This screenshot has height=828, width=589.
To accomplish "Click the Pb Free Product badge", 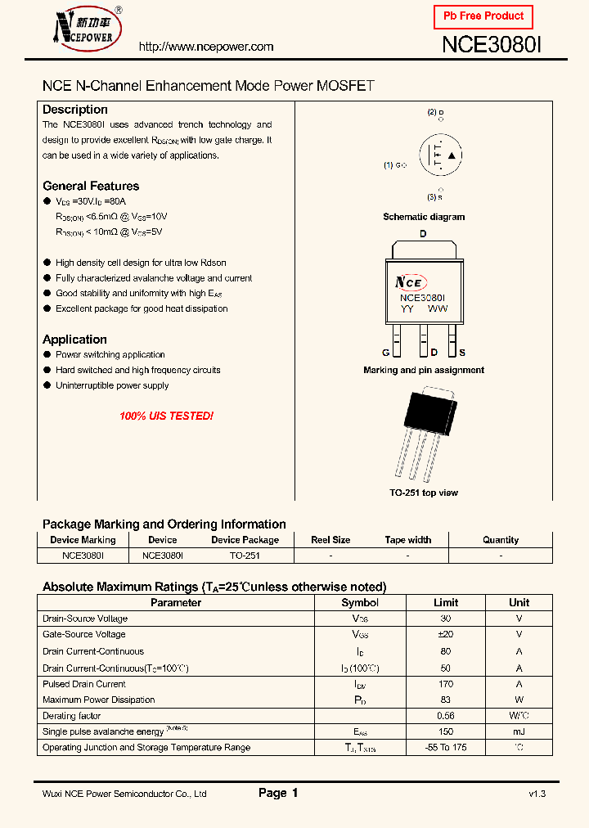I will [483, 16].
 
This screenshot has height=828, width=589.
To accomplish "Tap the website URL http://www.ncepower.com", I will [206, 47].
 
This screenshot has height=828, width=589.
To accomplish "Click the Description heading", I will [75, 110].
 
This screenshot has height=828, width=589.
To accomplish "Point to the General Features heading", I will [91, 186].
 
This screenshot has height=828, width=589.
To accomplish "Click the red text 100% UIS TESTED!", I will [166, 416].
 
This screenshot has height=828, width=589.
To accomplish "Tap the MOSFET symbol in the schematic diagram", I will [440, 155].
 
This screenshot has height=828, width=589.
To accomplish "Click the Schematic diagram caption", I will [424, 217].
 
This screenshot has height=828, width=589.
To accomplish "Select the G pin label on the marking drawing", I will [385, 353].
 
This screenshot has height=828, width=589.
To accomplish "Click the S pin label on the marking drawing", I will [462, 353].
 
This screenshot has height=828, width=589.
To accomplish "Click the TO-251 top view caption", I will [424, 493].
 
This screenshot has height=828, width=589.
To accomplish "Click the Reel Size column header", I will [330, 540].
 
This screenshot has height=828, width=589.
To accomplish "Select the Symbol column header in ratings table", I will [360, 603].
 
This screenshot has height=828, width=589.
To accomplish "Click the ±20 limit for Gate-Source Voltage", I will [446, 634].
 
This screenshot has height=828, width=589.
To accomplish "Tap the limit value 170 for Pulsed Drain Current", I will [446, 684].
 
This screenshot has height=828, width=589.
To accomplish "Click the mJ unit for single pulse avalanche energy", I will [519, 731].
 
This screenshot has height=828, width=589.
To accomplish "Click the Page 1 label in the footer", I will [278, 793].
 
